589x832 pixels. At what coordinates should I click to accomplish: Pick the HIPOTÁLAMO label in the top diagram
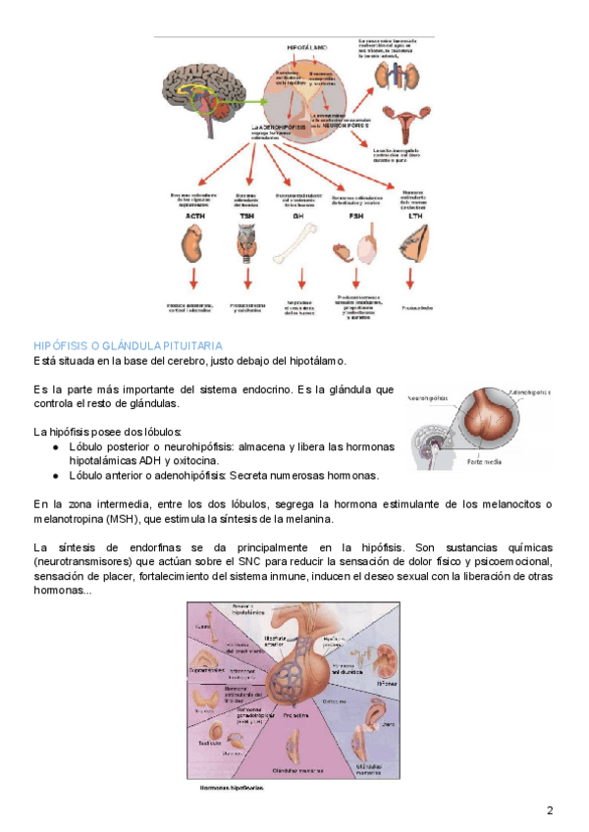(307, 46)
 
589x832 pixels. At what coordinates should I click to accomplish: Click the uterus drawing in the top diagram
(402, 122)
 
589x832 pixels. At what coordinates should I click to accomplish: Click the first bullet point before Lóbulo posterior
(58, 446)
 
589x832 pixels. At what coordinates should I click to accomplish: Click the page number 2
(550, 809)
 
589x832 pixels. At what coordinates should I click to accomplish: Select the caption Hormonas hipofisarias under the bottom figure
(231, 787)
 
